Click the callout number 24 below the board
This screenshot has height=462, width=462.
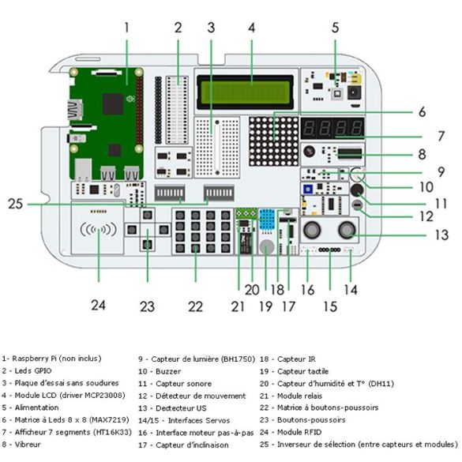pyautogui.click(x=98, y=306)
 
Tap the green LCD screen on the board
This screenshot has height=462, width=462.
pyautogui.click(x=245, y=92)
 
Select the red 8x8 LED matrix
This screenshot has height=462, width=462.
pyautogui.click(x=274, y=141)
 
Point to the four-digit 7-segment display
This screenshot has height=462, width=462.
pyautogui.click(x=332, y=129)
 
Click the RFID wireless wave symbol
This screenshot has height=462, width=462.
pyautogui.click(x=99, y=230)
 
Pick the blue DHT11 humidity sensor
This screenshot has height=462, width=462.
pyautogui.click(x=267, y=220)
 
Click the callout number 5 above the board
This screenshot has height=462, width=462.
pyautogui.click(x=335, y=28)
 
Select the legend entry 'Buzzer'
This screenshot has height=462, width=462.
pyautogui.click(x=168, y=371)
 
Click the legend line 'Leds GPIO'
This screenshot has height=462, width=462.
pyautogui.click(x=33, y=370)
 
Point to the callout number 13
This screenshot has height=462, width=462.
pyautogui.click(x=441, y=235)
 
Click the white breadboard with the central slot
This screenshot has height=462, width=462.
pyautogui.click(x=217, y=147)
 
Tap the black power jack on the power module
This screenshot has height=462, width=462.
pyautogui.click(x=355, y=92)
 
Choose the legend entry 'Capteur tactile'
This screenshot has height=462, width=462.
pyautogui.click(x=303, y=371)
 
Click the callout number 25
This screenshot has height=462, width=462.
pyautogui.click(x=15, y=204)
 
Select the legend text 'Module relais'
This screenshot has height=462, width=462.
pyautogui.click(x=299, y=396)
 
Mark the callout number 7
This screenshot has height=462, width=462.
pyautogui.click(x=441, y=136)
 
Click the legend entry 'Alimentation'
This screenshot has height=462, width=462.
pyautogui.click(x=36, y=408)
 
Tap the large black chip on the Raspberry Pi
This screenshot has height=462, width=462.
pyautogui.click(x=113, y=104)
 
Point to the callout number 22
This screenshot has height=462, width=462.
pyautogui.click(x=195, y=306)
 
